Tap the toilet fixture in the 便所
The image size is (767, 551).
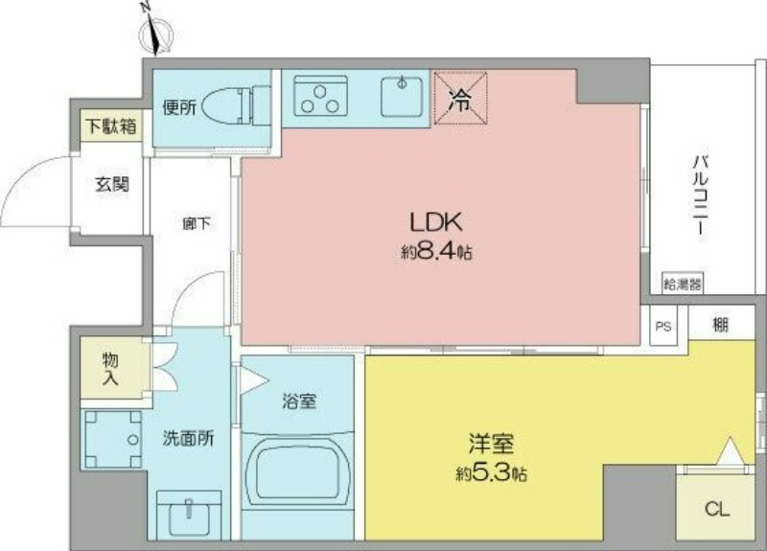tap(235, 105)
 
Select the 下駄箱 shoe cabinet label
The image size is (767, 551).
tap(111, 126)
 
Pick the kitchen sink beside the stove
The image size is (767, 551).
tap(402, 97)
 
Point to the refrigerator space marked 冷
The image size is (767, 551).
tap(461, 98)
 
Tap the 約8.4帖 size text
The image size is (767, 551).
tap(436, 252)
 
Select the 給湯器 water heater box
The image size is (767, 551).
tap(683, 284)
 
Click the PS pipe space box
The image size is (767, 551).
tap(663, 326)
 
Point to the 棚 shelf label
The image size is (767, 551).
tap(720, 324)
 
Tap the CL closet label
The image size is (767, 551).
tap(716, 510)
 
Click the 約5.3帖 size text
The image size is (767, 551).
tap(491, 473)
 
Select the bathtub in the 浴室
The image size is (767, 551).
tap(298, 471)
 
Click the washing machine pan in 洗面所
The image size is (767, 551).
tap(113, 440)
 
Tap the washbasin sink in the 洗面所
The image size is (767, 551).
tap(189, 516)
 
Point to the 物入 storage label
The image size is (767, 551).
tap(110, 369)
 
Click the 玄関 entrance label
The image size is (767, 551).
tap(112, 184)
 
